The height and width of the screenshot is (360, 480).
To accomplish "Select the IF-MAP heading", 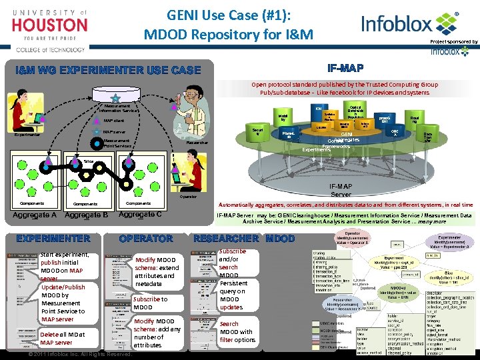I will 345,68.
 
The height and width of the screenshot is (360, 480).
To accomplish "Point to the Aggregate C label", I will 139,215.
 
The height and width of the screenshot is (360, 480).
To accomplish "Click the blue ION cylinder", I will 319,108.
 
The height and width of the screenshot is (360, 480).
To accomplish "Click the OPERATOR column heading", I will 145,238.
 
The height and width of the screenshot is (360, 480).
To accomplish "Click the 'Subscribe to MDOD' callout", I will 150,303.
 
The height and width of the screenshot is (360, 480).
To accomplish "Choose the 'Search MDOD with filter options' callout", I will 237,331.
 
